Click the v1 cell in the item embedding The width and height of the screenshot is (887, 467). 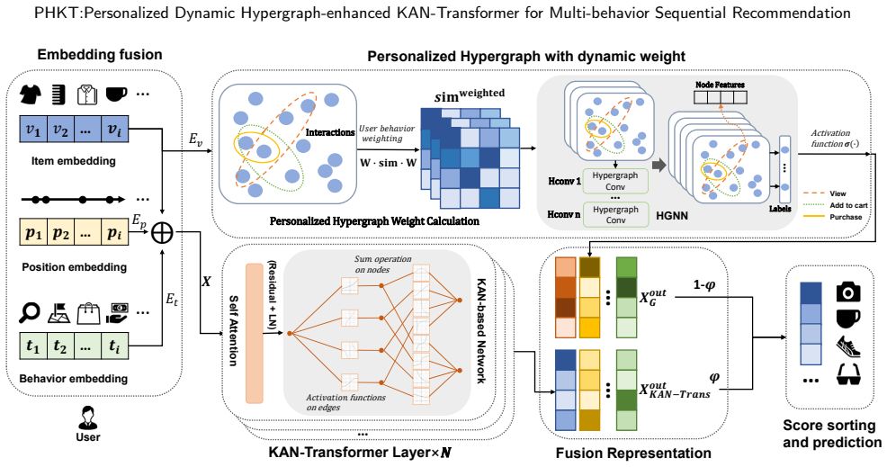pyautogui.click(x=33, y=130)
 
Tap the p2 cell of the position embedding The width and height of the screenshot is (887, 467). pyautogui.click(x=60, y=232)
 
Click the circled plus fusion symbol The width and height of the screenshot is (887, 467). pyautogui.click(x=162, y=232)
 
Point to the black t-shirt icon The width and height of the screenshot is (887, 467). pyautogui.click(x=31, y=94)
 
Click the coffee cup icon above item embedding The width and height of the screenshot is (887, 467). pyautogui.click(x=117, y=94)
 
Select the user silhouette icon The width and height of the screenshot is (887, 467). pyautogui.click(x=87, y=418)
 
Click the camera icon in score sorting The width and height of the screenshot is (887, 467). pyautogui.click(x=848, y=292)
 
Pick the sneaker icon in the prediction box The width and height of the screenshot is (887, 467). pyautogui.click(x=848, y=346)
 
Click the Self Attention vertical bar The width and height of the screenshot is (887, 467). pyautogui.click(x=255, y=334)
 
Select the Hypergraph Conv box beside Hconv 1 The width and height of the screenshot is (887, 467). pyautogui.click(x=615, y=181)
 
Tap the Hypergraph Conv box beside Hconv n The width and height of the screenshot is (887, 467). pyautogui.click(x=615, y=214)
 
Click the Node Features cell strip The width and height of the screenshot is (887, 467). pyautogui.click(x=720, y=97)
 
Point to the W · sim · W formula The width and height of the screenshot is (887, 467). pyautogui.click(x=388, y=163)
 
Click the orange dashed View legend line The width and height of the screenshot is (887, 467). pyautogui.click(x=813, y=193)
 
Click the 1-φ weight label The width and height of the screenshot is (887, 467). pyautogui.click(x=704, y=285)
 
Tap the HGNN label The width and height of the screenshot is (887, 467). pyautogui.click(x=672, y=216)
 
